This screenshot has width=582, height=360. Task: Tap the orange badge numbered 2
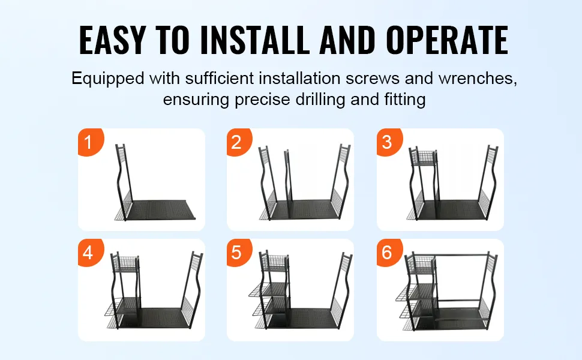(x=239, y=142)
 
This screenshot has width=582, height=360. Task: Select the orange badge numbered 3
(x=389, y=142)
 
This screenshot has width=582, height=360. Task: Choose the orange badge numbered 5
(x=239, y=253)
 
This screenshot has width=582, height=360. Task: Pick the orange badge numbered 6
(x=389, y=253)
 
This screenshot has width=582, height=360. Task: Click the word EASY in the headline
(x=112, y=40)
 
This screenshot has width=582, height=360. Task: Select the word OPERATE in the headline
(x=447, y=40)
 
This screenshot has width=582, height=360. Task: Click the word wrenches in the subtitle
(x=478, y=79)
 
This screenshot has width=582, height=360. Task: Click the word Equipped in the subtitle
(x=107, y=79)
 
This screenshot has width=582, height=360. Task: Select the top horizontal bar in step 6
(x=462, y=255)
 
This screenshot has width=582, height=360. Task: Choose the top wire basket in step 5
(x=275, y=263)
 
